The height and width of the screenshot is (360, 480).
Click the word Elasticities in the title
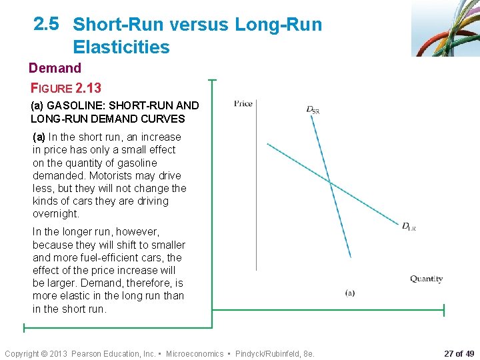point(121,47)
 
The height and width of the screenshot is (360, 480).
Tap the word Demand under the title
point(55,68)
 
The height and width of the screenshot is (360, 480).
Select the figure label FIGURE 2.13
point(66,87)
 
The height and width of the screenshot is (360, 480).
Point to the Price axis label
point(243,103)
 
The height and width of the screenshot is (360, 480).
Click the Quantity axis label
point(426,279)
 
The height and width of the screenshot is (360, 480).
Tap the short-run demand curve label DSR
point(313,109)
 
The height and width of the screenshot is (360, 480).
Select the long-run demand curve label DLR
point(409,227)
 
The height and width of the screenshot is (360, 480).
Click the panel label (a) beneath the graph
point(350,293)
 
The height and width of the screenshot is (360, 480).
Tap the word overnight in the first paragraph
point(56,214)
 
